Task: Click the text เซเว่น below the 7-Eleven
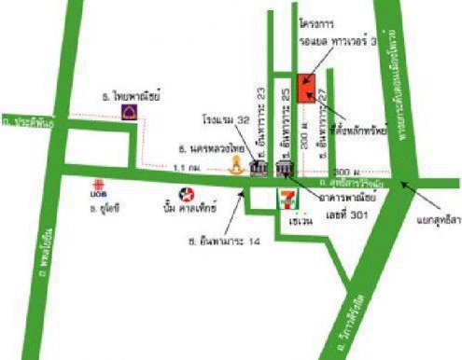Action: (300, 225)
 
